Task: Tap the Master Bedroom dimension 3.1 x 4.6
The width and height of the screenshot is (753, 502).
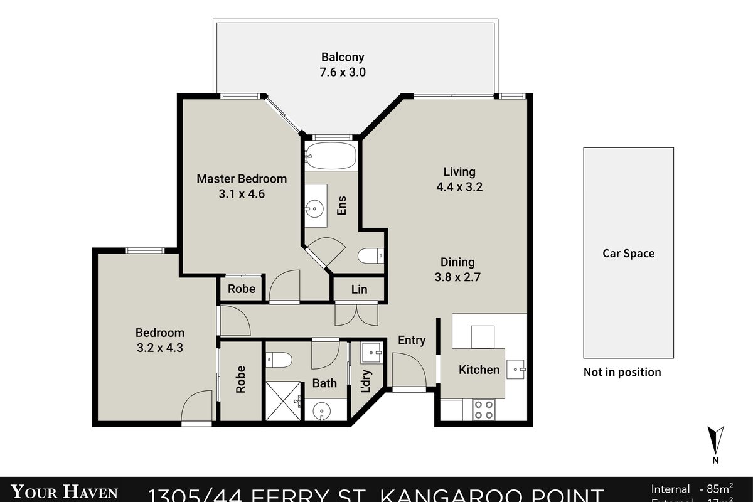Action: (x=242, y=194)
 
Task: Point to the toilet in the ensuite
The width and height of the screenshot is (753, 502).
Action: (x=371, y=255)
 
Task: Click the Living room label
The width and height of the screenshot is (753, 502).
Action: (x=459, y=171)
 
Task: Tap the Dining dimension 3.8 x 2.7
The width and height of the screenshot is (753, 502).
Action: (x=457, y=277)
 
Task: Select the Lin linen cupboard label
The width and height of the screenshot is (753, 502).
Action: (x=359, y=289)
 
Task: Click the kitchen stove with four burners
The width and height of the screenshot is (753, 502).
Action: (x=483, y=409)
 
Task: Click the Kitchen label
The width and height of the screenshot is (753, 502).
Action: (x=479, y=370)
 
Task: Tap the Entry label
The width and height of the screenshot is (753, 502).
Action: (x=412, y=340)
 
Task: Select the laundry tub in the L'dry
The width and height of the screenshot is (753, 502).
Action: (x=371, y=354)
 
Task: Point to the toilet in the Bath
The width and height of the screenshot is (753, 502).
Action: (x=279, y=360)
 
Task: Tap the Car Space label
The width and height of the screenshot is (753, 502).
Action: (x=628, y=254)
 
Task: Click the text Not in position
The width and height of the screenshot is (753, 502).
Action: (x=622, y=372)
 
